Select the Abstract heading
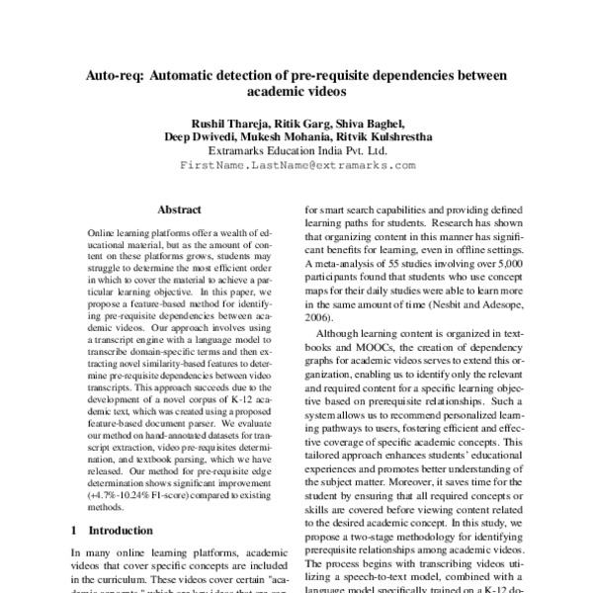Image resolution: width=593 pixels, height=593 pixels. tap(179, 211)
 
